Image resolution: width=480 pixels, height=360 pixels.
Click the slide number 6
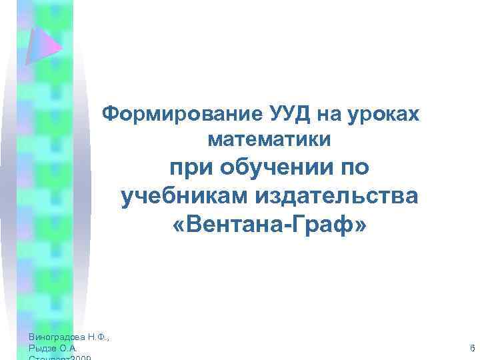472,349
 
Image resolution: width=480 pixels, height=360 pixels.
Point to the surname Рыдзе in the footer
43,349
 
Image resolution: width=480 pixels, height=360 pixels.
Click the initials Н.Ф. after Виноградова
98,337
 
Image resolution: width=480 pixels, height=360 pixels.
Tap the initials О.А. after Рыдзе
69,349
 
